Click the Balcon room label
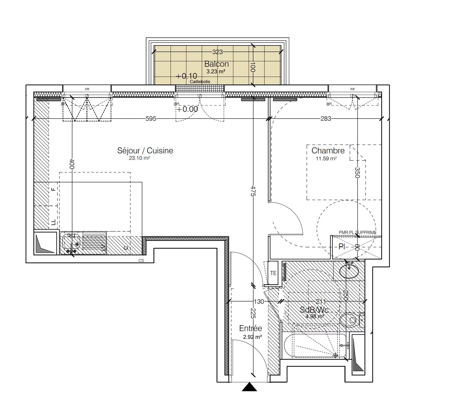tap(216, 64)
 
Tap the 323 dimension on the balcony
tap(218, 52)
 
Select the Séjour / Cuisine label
tap(145, 151)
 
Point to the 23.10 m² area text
tap(139, 158)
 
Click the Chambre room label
tap(328, 151)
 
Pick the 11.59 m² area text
tap(326, 159)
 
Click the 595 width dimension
tap(151, 119)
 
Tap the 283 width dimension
tap(326, 119)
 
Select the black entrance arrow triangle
tap(249, 387)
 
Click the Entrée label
tap(250, 328)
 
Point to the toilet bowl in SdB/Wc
tap(349, 320)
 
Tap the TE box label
tap(273, 273)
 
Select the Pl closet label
tap(342, 247)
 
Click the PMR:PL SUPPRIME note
tap(357, 232)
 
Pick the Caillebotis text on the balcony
tap(200, 82)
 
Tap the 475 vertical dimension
tap(253, 191)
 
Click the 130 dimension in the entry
tap(259, 301)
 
